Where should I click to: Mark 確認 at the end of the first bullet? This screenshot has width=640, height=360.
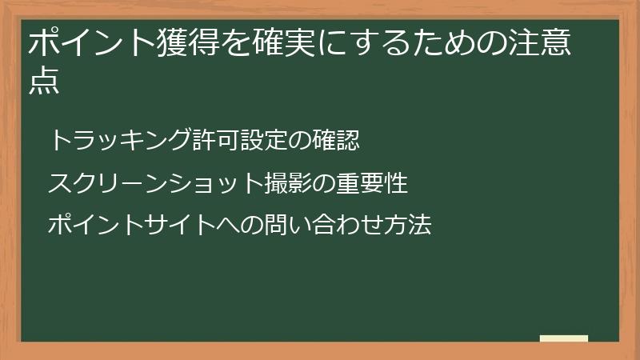tap(337, 140)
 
